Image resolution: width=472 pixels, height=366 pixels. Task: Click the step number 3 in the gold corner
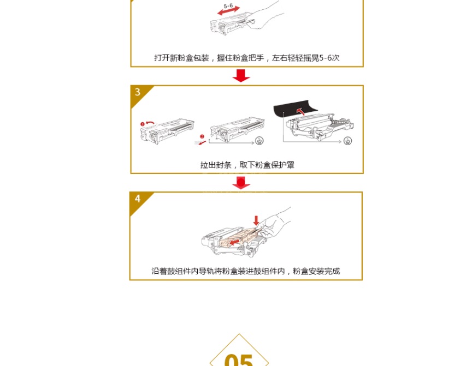pyautogui.click(x=138, y=92)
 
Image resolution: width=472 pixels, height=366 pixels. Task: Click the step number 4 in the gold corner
pyautogui.click(x=138, y=199)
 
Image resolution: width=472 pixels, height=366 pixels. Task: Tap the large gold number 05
pyautogui.click(x=239, y=360)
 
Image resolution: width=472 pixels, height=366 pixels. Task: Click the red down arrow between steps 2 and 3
pyautogui.click(x=241, y=75)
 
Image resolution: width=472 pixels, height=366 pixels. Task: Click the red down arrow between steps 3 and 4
pyautogui.click(x=241, y=183)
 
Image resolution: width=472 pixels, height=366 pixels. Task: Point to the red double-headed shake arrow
pyautogui.click(x=229, y=10)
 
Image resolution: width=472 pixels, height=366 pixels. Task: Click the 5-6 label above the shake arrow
pyautogui.click(x=228, y=5)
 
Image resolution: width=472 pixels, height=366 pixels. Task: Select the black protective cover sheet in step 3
pyautogui.click(x=295, y=109)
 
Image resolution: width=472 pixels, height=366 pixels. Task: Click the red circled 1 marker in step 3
pyautogui.click(x=143, y=124)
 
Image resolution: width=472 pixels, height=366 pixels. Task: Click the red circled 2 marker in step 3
pyautogui.click(x=202, y=137)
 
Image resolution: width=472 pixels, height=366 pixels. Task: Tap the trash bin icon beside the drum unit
pyautogui.click(x=347, y=141)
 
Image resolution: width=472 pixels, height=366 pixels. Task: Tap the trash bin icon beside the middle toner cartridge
pyautogui.click(x=259, y=140)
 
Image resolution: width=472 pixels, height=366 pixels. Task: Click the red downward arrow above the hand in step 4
pyautogui.click(x=256, y=220)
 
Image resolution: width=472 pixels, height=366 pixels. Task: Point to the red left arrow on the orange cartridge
pyautogui.click(x=234, y=242)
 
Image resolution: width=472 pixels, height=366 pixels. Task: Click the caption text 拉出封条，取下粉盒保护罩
pyautogui.click(x=247, y=165)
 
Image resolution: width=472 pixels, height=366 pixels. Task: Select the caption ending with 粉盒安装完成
pyautogui.click(x=246, y=271)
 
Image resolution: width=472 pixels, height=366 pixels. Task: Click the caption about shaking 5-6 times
pyautogui.click(x=247, y=58)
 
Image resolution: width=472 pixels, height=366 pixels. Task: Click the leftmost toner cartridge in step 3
pyautogui.click(x=167, y=131)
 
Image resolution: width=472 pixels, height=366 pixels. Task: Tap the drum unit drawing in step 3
pyautogui.click(x=320, y=127)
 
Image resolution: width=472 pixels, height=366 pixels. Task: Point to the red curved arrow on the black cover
pyautogui.click(x=300, y=111)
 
